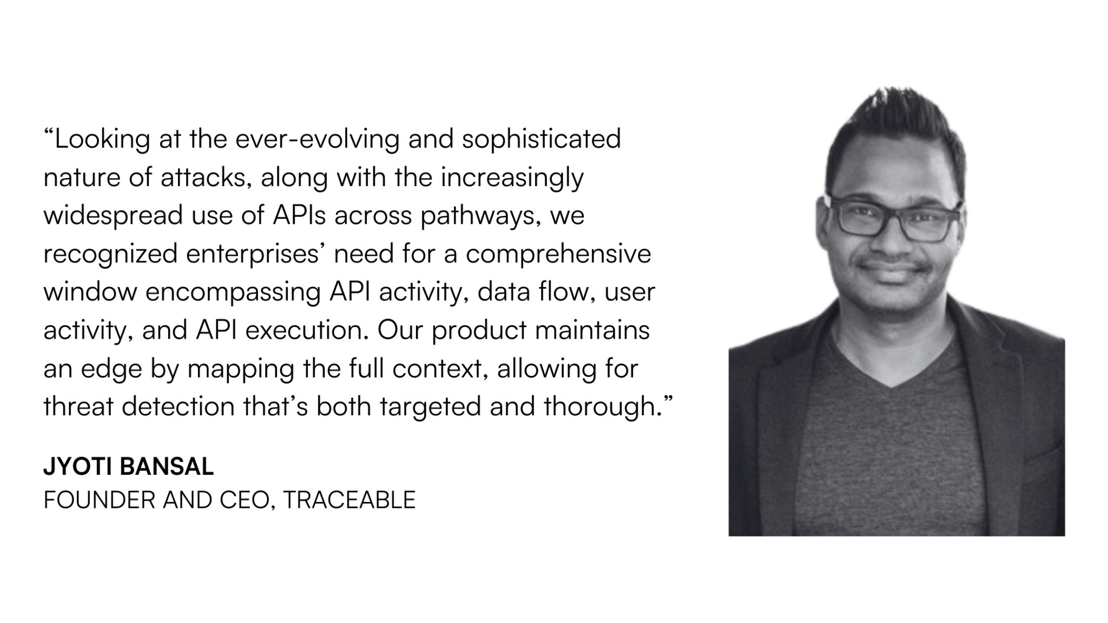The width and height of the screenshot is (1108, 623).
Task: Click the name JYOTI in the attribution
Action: tap(78, 467)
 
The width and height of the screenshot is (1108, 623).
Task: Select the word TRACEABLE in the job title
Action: tap(349, 500)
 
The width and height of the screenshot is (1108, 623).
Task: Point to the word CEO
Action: tap(247, 500)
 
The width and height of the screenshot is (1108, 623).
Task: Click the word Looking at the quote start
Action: tap(103, 140)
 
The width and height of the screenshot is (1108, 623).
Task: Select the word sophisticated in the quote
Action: tap(541, 140)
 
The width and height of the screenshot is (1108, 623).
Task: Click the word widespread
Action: tap(114, 216)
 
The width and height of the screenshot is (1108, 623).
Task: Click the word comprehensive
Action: tap(558, 254)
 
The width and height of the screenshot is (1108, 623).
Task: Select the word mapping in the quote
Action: tap(241, 369)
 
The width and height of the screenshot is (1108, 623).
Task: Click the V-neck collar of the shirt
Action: tap(891, 379)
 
